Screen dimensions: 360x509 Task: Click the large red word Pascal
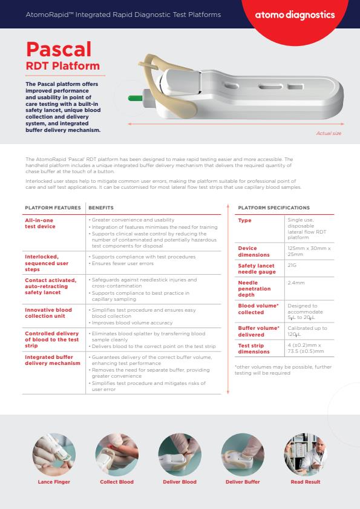59,48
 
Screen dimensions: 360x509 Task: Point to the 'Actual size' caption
329,133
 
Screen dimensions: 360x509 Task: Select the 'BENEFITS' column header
100,208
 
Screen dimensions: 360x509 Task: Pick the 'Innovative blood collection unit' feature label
48,312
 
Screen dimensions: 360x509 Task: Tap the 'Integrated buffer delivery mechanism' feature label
52,360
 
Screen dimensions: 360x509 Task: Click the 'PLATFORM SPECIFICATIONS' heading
273,208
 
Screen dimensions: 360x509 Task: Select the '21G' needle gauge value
292,265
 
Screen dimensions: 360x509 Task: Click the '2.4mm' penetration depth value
295,283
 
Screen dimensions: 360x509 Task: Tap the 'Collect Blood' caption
117,482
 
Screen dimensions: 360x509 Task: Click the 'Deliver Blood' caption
180,482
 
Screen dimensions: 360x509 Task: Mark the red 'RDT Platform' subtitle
62,65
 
